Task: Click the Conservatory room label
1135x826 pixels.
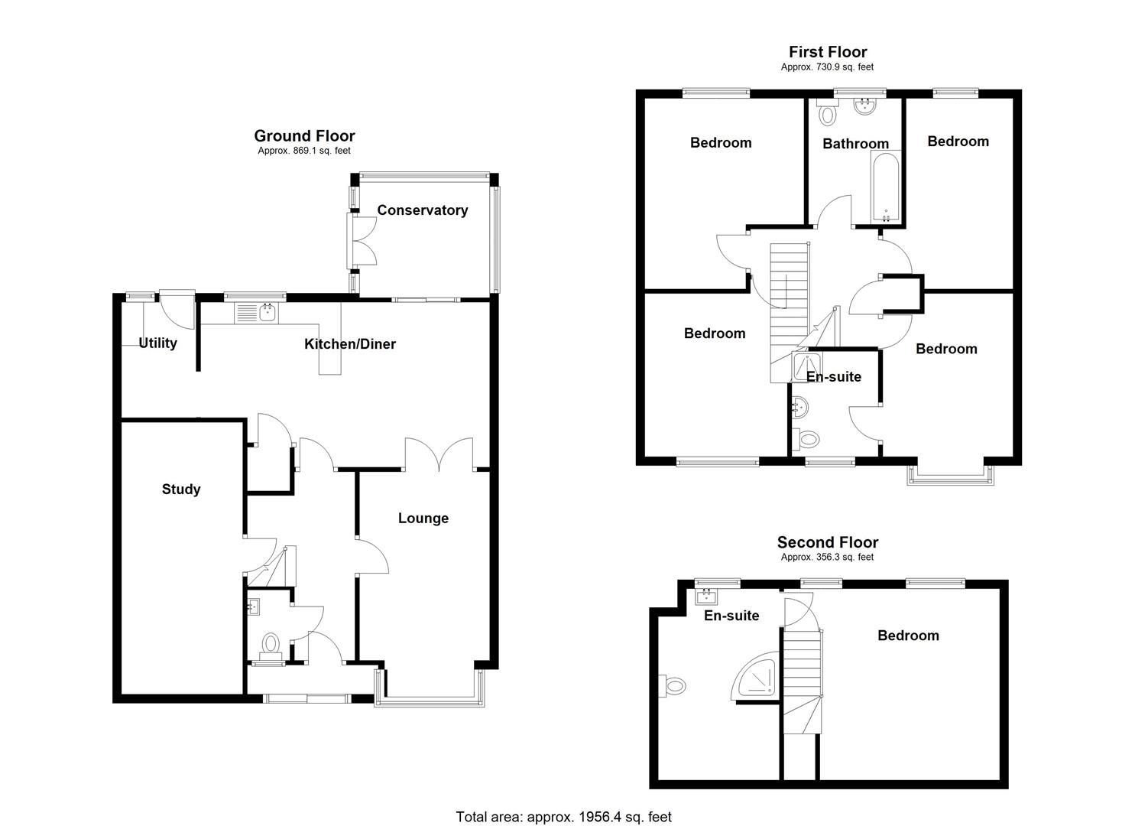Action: pos(422,210)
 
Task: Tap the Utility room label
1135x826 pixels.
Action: pos(157,343)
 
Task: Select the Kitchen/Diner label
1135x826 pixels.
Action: pos(350,344)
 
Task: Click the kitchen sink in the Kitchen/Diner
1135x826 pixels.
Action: pos(257,312)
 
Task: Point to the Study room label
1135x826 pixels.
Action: pos(181,489)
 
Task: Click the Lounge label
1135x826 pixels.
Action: pos(423,519)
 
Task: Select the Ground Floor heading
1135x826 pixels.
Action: pos(304,136)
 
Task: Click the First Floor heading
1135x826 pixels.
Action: pos(828,52)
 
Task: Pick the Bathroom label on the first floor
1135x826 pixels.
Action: pos(855,144)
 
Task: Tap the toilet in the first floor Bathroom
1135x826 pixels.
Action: pos(827,114)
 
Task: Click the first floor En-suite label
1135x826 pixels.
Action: pos(833,377)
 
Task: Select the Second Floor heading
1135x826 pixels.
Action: pos(828,542)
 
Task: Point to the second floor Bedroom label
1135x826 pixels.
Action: pos(908,636)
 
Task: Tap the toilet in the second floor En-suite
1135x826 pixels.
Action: pos(673,685)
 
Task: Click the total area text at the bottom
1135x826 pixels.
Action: pos(563,817)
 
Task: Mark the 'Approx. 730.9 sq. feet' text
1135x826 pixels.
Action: pos(827,67)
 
